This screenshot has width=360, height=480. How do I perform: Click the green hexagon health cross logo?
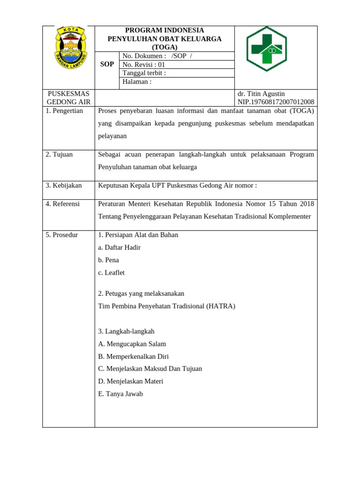(x=266, y=49)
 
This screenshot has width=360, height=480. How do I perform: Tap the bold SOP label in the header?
(x=107, y=64)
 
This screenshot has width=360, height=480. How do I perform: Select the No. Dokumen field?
(x=157, y=56)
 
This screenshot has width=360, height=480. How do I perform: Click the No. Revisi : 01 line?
(x=143, y=65)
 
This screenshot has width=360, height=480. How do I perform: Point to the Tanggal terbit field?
(x=144, y=73)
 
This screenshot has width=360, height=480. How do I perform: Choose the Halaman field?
(x=137, y=82)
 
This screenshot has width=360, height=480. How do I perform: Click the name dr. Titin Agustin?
(x=261, y=94)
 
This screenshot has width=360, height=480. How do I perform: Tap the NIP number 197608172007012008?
(x=276, y=102)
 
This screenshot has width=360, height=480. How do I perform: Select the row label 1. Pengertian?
(x=64, y=111)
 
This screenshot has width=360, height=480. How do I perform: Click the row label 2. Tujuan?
(x=59, y=154)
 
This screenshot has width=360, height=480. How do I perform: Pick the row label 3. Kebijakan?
(x=64, y=185)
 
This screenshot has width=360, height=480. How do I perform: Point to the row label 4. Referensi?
(x=63, y=203)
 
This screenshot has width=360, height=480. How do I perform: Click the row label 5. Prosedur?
(x=62, y=234)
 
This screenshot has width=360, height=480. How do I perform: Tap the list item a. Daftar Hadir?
(x=119, y=247)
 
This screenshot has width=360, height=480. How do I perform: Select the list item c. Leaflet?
(x=111, y=272)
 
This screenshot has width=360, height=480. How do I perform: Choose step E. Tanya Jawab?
(x=120, y=394)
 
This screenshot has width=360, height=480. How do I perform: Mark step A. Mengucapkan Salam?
(x=132, y=344)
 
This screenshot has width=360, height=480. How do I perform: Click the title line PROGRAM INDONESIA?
(x=164, y=30)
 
